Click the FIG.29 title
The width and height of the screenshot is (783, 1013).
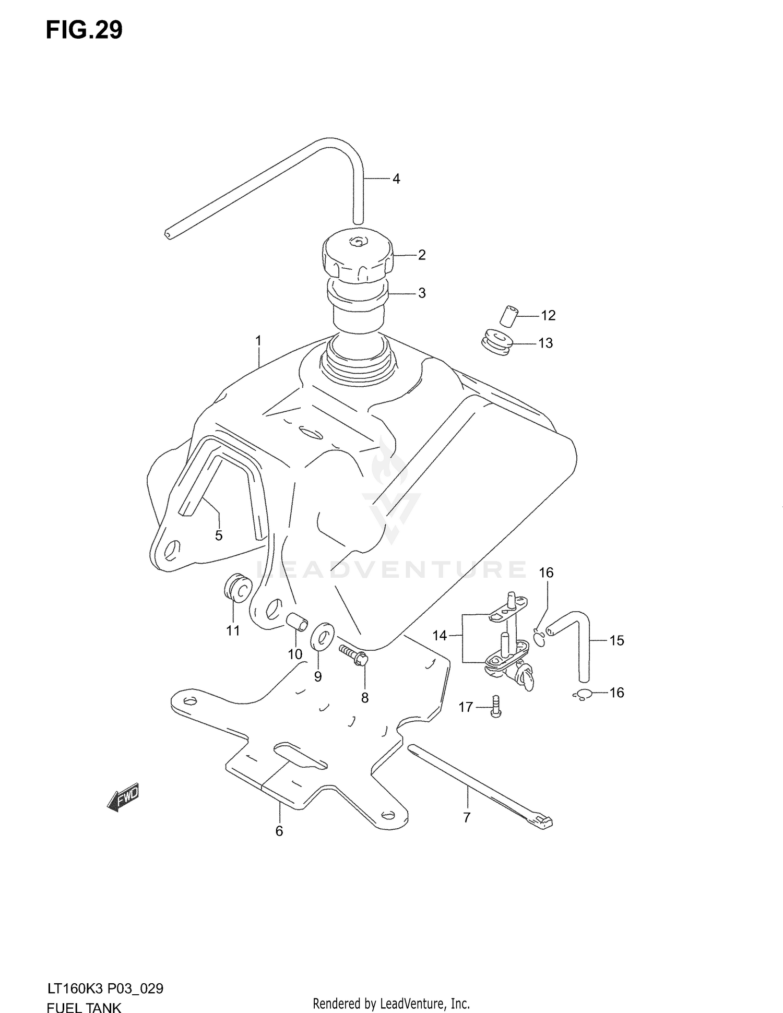[84, 30]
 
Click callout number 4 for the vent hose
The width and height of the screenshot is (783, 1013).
[396, 179]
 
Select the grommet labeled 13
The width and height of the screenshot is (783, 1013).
[495, 342]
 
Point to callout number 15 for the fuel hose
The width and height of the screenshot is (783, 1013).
[616, 640]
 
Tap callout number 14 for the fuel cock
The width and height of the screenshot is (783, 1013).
[440, 636]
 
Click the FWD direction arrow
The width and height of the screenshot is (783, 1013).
[123, 797]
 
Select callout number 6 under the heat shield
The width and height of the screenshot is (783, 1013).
[279, 831]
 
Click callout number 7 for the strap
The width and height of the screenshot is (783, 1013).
[467, 817]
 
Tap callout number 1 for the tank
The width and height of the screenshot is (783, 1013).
[258, 341]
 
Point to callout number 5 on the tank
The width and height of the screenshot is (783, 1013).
[219, 535]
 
